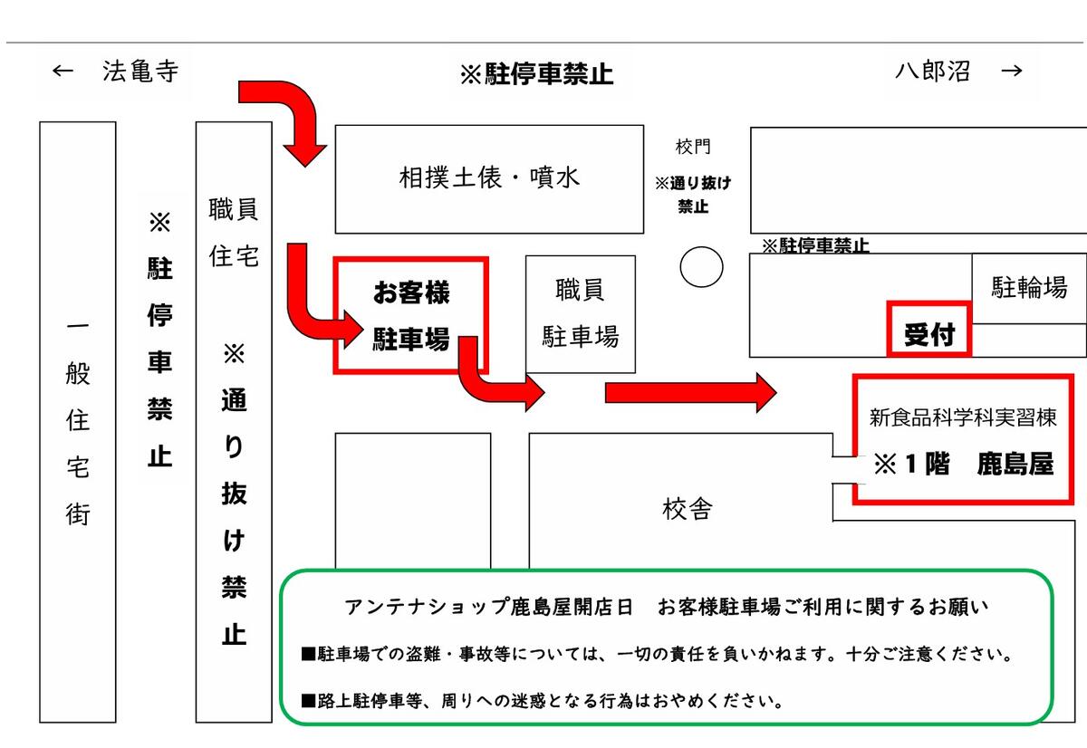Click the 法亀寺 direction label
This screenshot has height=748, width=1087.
click(x=140, y=72)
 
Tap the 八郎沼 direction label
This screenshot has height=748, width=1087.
click(x=932, y=72)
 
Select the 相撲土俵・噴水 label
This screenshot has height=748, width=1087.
click(x=489, y=177)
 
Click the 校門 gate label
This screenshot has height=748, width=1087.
click(x=693, y=147)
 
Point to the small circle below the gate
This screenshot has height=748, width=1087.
click(x=701, y=267)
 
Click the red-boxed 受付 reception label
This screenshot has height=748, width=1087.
click(x=929, y=335)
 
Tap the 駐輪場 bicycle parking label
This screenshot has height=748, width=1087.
click(x=1029, y=287)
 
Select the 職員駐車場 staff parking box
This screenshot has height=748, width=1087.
click(x=581, y=314)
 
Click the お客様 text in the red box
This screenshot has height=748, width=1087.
click(x=411, y=292)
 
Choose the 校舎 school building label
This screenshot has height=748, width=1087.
click(x=688, y=509)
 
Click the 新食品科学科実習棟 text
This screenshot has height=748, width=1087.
click(x=963, y=417)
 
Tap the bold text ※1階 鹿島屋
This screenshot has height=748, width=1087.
click(x=964, y=464)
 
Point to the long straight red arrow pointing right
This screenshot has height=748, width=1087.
click(x=691, y=393)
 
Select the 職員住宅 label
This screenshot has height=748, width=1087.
click(x=234, y=233)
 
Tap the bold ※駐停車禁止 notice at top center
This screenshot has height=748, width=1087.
click(x=536, y=74)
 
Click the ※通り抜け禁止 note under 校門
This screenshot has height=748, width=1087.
click(x=693, y=195)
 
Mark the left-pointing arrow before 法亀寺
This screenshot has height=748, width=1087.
click(x=63, y=72)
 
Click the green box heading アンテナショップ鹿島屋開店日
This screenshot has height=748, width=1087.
click(x=489, y=608)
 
